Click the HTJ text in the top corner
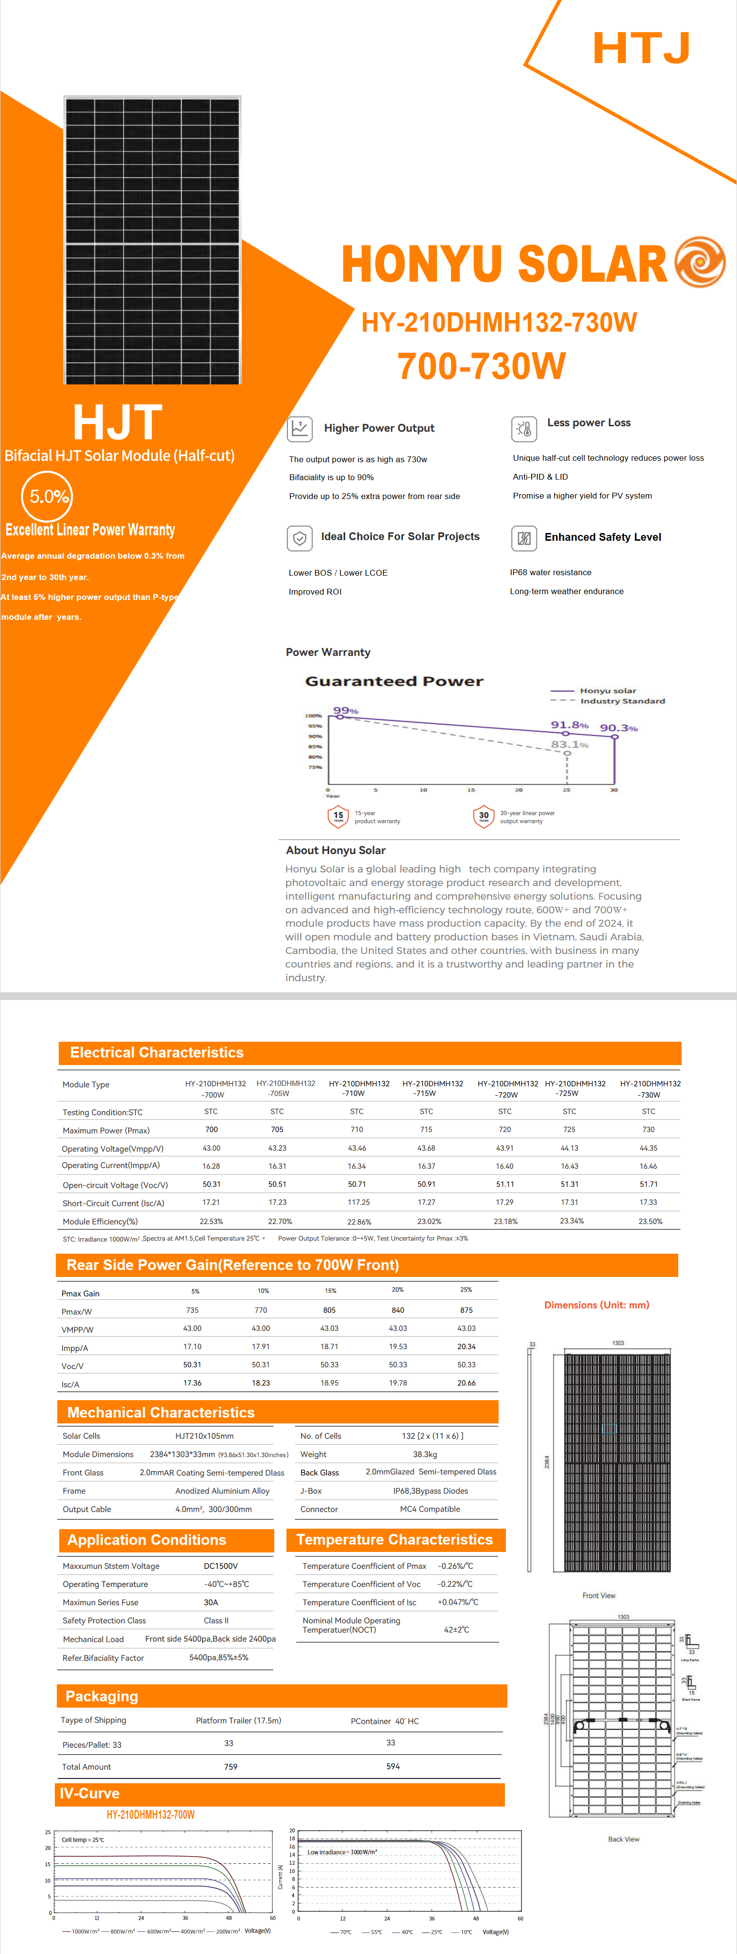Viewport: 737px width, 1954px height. pos(641,48)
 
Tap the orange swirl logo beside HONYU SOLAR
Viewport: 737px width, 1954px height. pos(699,262)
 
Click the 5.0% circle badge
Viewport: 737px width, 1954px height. pos(47,497)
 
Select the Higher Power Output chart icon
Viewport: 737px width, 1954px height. pos(300,429)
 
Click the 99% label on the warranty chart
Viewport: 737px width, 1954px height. pos(345,711)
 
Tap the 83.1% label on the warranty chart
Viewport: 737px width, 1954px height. pos(569,745)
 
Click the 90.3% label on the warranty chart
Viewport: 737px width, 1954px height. pos(619,728)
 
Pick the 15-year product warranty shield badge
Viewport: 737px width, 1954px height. pos(338,816)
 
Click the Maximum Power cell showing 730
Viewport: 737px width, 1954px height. pos(648,1130)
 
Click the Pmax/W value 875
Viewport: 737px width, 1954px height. pos(466,1310)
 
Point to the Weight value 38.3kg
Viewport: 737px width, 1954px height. pos(425,1454)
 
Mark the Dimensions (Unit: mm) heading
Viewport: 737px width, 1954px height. pos(597,1305)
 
